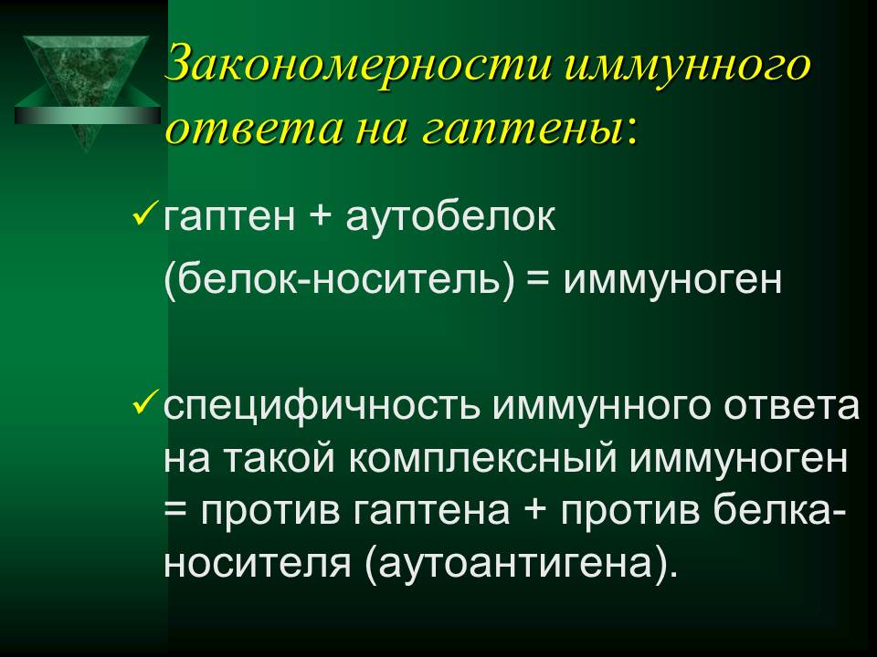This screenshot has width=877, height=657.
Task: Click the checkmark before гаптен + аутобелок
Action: [145, 214]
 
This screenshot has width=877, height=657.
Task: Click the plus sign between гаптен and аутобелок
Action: [320, 217]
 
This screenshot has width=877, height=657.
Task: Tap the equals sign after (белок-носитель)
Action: [539, 279]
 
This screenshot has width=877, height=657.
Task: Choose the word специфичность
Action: [322, 407]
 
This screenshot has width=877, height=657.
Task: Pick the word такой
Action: [280, 460]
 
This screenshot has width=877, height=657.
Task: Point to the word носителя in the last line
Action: [258, 565]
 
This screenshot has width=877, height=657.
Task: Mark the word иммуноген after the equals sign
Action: [673, 280]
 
